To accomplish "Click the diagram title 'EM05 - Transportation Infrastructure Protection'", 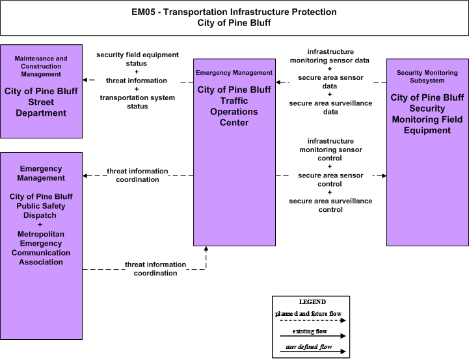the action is [234, 12].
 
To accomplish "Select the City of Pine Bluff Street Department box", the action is [41, 92].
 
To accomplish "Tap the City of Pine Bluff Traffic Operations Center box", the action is [234, 152].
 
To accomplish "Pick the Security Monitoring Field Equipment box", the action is [427, 152].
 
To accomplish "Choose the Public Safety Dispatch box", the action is [41, 246].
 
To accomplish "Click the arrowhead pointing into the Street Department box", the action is [85, 80].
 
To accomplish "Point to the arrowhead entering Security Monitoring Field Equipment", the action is [384, 175].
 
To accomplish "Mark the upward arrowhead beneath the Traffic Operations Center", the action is [206, 249].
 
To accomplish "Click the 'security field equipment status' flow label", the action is [137, 59].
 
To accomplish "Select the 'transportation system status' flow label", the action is [137, 102].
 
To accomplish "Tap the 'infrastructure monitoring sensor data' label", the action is [330, 56].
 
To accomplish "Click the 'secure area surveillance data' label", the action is [330, 108].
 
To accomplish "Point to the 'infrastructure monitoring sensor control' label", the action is [330, 149].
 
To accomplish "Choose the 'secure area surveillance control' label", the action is [330, 205].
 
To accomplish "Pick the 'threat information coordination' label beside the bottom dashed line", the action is [155, 269].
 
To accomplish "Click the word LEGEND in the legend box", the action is [312, 302].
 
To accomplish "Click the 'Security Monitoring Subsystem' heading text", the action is [427, 77].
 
